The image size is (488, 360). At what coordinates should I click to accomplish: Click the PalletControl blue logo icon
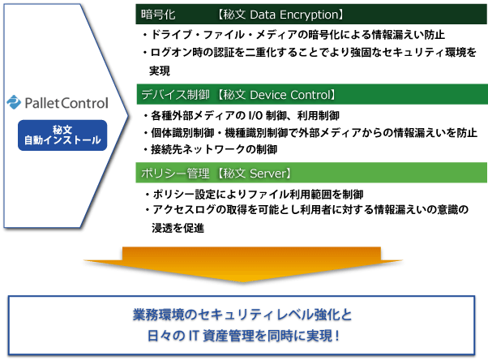pyautogui.click(x=14, y=102)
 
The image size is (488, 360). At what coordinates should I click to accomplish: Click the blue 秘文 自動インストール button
pyautogui.click(x=62, y=135)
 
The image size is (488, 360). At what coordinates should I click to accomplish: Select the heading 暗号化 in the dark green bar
pyautogui.click(x=158, y=15)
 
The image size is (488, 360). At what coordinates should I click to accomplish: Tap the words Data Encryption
pyautogui.click(x=293, y=15)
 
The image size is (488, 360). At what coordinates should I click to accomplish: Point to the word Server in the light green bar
pyautogui.click(x=268, y=174)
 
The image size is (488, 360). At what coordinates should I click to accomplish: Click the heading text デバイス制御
pyautogui.click(x=175, y=95)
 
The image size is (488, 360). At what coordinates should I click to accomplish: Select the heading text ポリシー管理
pyautogui.click(x=175, y=174)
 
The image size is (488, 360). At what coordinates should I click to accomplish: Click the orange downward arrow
pyautogui.click(x=243, y=264)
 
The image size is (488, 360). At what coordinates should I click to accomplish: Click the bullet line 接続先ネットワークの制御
pyautogui.click(x=211, y=149)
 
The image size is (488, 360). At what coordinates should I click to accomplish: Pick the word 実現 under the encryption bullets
pyautogui.click(x=160, y=71)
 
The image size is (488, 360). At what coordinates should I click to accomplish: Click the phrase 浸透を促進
pyautogui.click(x=178, y=228)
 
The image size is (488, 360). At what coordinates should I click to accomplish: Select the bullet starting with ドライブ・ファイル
pyautogui.click(x=293, y=35)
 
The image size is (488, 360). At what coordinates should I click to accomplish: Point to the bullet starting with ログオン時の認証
pyautogui.click(x=310, y=52)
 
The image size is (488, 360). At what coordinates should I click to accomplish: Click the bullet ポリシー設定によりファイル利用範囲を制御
pyautogui.click(x=255, y=195)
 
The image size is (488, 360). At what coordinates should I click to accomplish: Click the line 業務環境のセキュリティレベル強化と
pyautogui.click(x=242, y=315)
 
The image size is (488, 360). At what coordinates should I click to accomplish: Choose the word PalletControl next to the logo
pyautogui.click(x=66, y=103)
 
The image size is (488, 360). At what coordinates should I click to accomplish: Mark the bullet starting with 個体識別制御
pyautogui.click(x=310, y=133)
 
